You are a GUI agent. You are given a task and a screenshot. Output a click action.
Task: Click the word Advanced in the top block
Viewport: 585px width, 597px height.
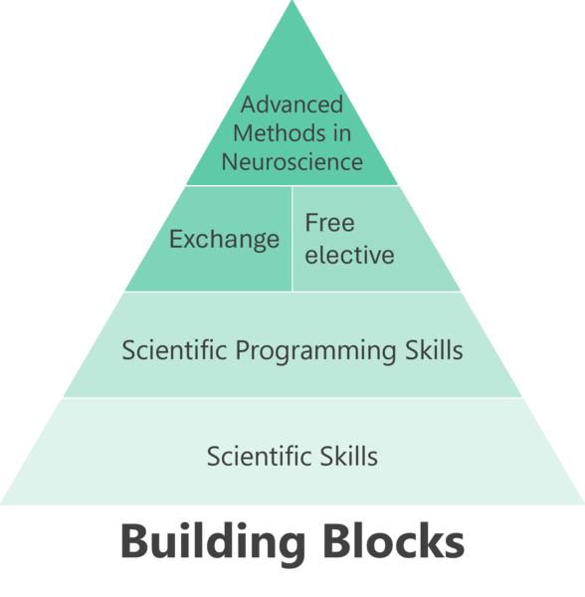(292, 104)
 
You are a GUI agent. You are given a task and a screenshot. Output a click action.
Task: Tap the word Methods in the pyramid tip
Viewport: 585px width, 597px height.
(279, 133)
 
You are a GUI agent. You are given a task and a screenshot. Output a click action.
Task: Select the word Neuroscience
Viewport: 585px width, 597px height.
(292, 162)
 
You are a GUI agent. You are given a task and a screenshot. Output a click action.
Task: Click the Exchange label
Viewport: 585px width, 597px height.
(224, 239)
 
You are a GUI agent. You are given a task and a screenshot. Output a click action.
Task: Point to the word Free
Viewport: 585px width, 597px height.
(329, 223)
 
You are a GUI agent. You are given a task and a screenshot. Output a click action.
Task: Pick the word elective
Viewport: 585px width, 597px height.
(349, 255)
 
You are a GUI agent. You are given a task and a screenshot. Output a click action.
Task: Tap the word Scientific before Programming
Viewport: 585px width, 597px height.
(174, 349)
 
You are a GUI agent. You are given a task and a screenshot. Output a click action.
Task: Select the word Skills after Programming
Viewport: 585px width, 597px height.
(434, 349)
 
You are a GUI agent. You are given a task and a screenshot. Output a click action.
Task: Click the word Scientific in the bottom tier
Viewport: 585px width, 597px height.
(260, 456)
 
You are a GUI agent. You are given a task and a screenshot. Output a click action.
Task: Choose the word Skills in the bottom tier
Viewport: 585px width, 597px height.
(348, 456)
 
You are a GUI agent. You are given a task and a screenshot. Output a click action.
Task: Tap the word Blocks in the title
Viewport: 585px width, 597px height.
(395, 540)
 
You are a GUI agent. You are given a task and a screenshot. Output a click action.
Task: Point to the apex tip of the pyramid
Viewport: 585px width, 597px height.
(292, 1)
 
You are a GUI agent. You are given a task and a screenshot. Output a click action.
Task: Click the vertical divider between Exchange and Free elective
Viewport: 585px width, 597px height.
(292, 239)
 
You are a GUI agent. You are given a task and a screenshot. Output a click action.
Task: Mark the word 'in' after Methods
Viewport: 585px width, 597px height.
(342, 133)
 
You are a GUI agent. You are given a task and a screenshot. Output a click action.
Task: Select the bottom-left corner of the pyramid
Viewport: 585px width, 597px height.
(1, 503)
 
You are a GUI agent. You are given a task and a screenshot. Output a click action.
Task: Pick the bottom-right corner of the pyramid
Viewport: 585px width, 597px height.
(583, 503)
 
